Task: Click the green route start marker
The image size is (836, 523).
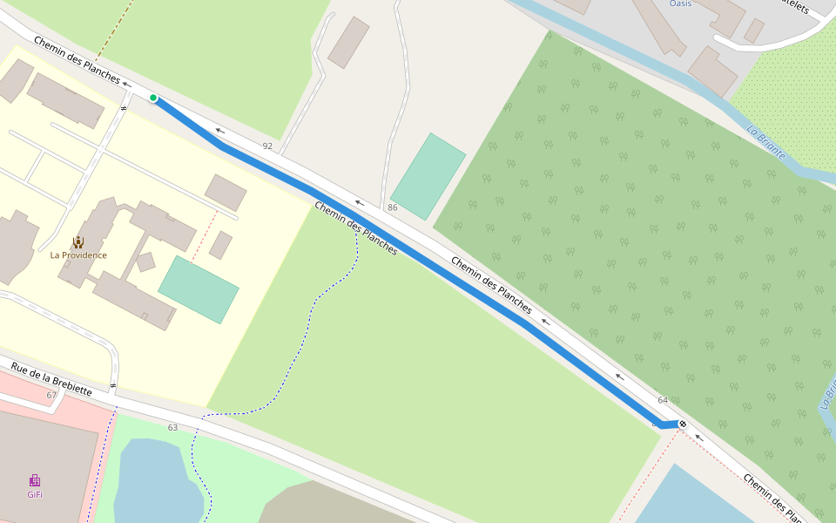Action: tap(153, 98)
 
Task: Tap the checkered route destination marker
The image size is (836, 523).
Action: tap(683, 425)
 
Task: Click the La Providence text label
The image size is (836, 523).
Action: tap(78, 255)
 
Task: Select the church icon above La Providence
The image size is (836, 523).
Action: tap(78, 241)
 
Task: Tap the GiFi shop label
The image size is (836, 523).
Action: tap(35, 494)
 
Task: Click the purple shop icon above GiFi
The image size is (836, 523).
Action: tap(35, 480)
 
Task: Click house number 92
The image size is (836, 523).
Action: tap(267, 146)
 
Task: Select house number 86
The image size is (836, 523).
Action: tap(393, 207)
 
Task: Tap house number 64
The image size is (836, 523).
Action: tap(663, 400)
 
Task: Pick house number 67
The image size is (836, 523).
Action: tap(51, 396)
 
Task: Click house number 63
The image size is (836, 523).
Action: tap(172, 427)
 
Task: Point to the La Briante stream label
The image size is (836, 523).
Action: tap(766, 143)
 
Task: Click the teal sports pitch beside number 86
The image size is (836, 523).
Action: tap(428, 176)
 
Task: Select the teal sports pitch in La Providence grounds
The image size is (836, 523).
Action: tap(198, 289)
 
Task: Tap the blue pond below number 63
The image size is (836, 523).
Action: tap(157, 484)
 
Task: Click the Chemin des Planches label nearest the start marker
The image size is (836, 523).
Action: tap(78, 60)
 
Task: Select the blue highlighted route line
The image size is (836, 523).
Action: tap(418, 253)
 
